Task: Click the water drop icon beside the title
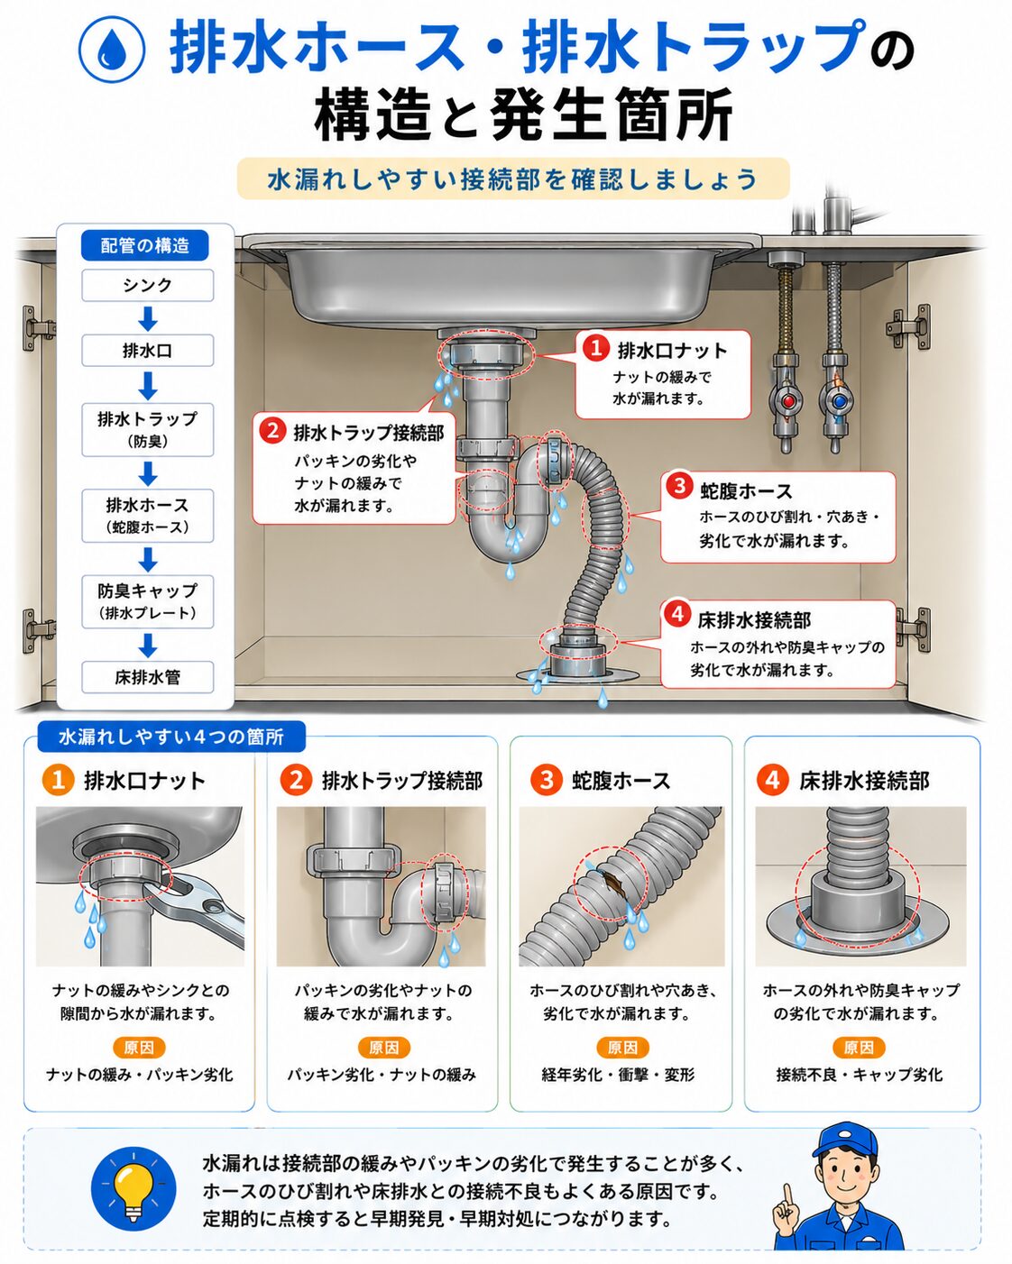112,49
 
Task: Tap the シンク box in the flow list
148,286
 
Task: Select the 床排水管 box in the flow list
148,677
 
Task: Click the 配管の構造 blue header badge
145,245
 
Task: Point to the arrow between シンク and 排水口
148,318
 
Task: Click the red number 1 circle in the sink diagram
595,348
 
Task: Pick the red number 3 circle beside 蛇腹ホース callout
679,486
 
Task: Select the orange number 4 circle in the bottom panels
773,781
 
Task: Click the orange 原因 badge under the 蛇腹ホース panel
622,1048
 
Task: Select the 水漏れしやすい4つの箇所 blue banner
171,737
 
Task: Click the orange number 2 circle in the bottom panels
296,781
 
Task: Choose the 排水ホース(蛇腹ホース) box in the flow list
148,515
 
